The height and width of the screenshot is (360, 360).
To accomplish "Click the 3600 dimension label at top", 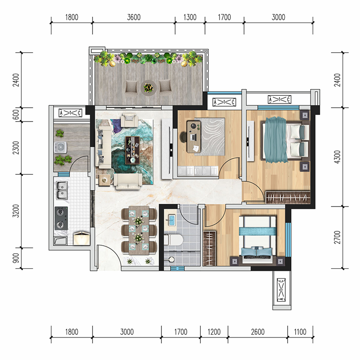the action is [x=134, y=17].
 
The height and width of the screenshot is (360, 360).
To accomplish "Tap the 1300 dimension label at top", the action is [x=190, y=17].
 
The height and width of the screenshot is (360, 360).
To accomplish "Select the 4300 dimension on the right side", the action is [x=337, y=157].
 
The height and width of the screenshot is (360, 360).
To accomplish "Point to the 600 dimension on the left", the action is [x=16, y=114].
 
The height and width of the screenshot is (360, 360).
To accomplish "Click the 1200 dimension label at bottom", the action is [x=214, y=332].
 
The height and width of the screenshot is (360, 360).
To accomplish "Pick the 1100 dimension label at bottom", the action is [x=300, y=332].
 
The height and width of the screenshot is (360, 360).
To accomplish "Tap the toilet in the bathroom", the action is [x=173, y=240].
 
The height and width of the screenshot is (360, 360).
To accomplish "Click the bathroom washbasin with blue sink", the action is [x=171, y=220].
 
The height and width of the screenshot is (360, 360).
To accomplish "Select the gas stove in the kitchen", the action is [x=61, y=218].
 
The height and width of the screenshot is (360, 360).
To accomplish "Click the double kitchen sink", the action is [x=62, y=190].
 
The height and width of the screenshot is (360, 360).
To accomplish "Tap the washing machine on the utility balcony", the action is [x=61, y=147].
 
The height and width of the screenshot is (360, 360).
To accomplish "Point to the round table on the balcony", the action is [x=148, y=88].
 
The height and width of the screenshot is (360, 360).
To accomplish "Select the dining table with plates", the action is [x=139, y=230].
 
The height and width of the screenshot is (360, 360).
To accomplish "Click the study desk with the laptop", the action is [x=194, y=137].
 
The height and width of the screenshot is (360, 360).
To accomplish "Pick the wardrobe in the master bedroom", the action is [x=288, y=197].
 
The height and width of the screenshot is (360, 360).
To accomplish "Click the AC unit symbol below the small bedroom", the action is [x=282, y=290].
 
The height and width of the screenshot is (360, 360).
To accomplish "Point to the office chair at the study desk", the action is [x=184, y=137].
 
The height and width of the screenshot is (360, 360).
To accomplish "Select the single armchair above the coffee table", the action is [x=130, y=120].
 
